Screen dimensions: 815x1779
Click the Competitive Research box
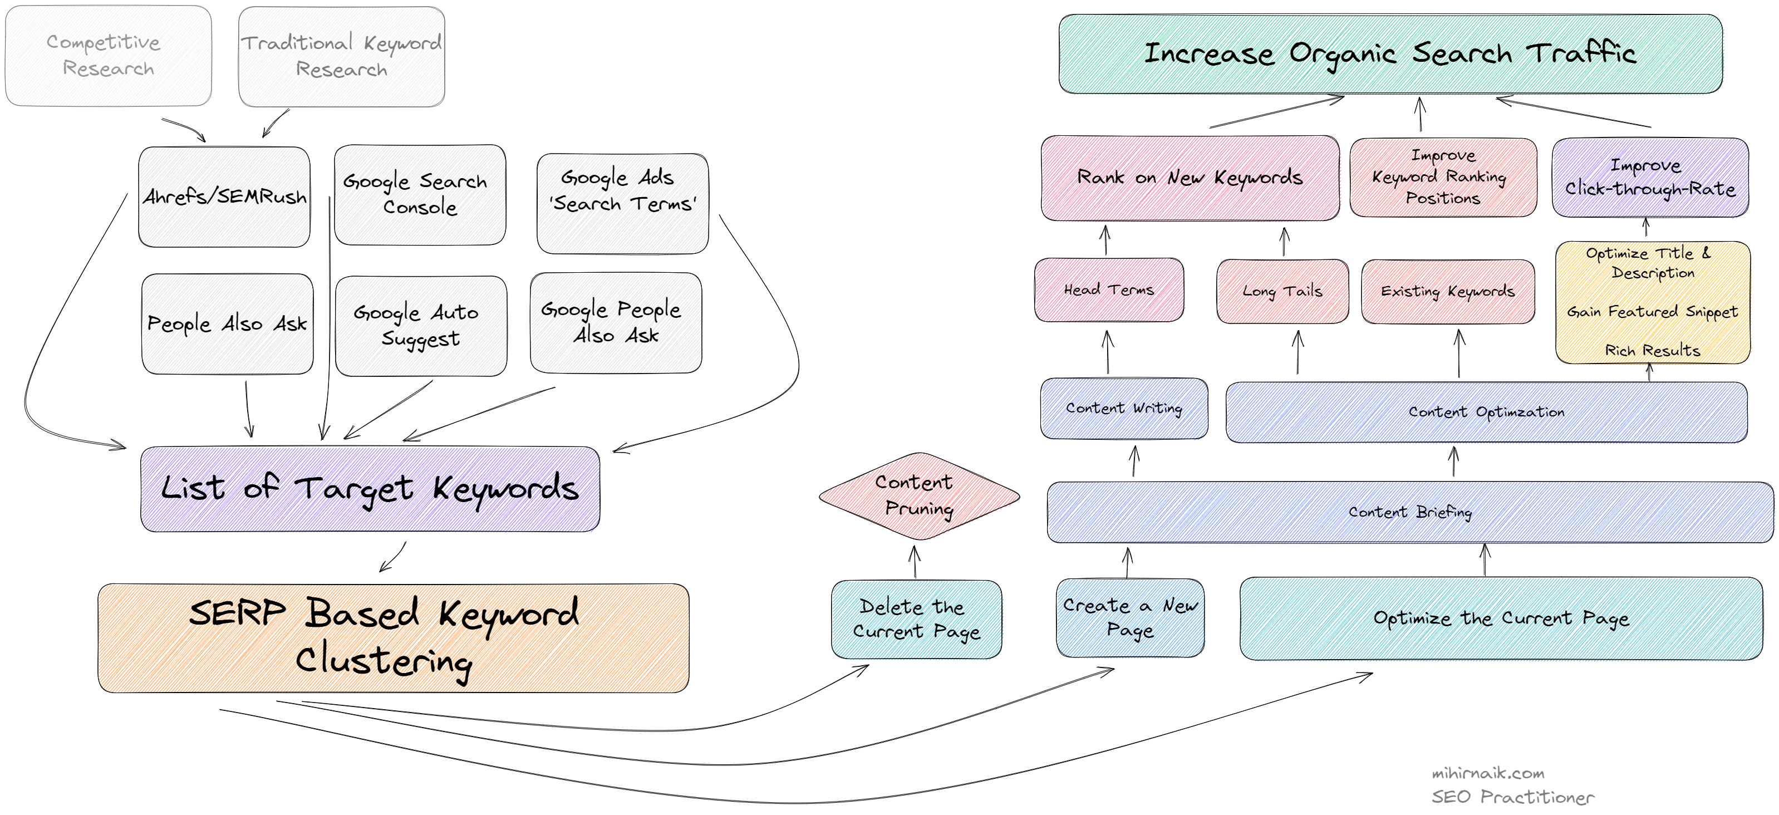pyautogui.click(x=108, y=55)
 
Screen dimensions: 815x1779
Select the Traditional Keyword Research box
pyautogui.click(x=341, y=57)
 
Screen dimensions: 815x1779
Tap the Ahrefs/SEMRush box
pyautogui.click(x=224, y=197)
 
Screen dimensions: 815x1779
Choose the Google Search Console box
pyautogui.click(x=419, y=194)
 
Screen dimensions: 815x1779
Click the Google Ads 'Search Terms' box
pyautogui.click(x=622, y=203)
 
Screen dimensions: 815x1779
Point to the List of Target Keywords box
pyautogui.click(x=370, y=489)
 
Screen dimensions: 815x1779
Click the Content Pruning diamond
pyautogui.click(x=918, y=496)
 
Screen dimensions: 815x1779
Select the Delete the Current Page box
pyautogui.click(x=916, y=619)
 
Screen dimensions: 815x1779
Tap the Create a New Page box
pyautogui.click(x=1130, y=617)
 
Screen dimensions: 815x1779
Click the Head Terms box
pyautogui.click(x=1108, y=290)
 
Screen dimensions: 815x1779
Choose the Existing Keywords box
pyautogui.click(x=1447, y=292)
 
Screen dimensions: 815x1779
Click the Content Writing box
pyautogui.click(x=1124, y=408)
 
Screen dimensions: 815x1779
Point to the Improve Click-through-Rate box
pyautogui.click(x=1650, y=178)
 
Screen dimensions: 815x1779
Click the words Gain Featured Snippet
pyautogui.click(x=1652, y=312)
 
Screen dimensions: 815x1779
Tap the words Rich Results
pyautogui.click(x=1652, y=351)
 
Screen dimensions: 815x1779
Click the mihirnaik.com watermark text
pyautogui.click(x=1487, y=774)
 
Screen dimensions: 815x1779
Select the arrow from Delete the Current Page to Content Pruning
pyautogui.click(x=915, y=562)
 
